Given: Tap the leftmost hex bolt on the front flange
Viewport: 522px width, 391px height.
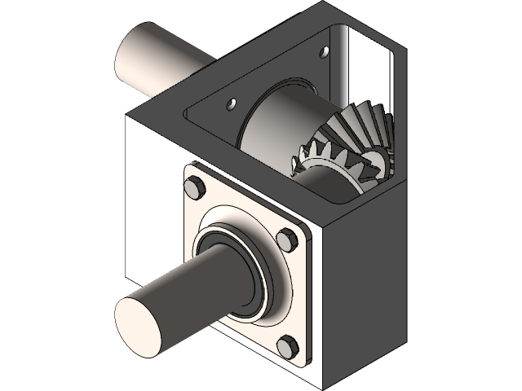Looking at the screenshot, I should (x=193, y=189).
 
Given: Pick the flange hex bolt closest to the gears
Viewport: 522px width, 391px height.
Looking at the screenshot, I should (x=285, y=240).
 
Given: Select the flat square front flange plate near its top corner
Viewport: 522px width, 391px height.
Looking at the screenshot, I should (x=204, y=175).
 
